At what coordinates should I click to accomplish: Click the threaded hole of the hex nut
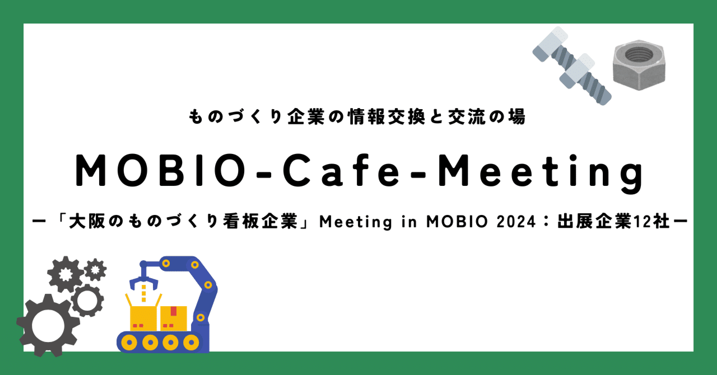pyautogui.click(x=638, y=55)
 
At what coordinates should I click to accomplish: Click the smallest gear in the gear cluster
pyautogui.click(x=95, y=270)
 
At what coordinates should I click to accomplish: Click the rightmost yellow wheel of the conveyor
pyautogui.click(x=186, y=341)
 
